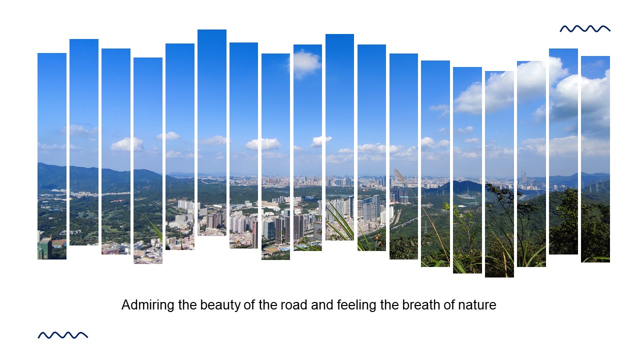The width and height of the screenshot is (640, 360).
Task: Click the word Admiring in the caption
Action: pyautogui.click(x=147, y=305)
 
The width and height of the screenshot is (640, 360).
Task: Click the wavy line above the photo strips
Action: pyautogui.click(x=585, y=29)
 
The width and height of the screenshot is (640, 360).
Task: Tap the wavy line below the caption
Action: pyautogui.click(x=63, y=335)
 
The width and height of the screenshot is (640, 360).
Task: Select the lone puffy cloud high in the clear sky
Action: pyautogui.click(x=305, y=63)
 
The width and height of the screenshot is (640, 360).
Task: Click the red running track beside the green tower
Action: pyautogui.click(x=59, y=243)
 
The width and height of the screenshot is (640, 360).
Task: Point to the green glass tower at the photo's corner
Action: pyautogui.click(x=45, y=247)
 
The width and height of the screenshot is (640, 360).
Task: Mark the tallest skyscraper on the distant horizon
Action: pyautogui.click(x=523, y=178)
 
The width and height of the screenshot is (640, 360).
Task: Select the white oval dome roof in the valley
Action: pyautogui.click(x=467, y=196)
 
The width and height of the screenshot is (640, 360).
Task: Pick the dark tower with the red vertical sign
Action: pyautogui.click(x=254, y=234)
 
